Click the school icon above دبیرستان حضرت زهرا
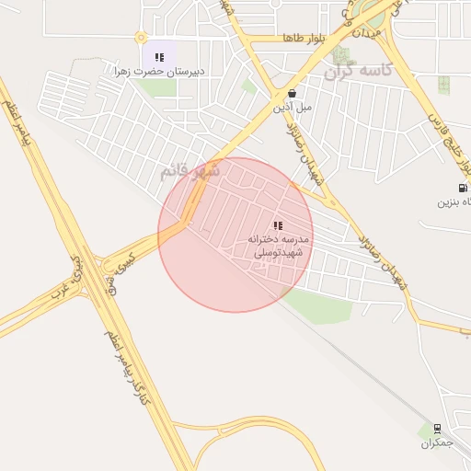tap(159, 57)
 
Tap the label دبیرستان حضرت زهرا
tap(158, 71)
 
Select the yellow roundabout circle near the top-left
tap(141, 38)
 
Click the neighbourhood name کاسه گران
tap(361, 70)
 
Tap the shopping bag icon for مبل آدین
tap(292, 93)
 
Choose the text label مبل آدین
tap(292, 107)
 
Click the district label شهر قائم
tap(190, 170)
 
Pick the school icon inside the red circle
tap(278, 225)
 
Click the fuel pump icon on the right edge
tap(463, 188)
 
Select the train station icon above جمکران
tap(437, 428)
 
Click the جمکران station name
tap(438, 443)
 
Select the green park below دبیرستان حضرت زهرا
tap(158, 87)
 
